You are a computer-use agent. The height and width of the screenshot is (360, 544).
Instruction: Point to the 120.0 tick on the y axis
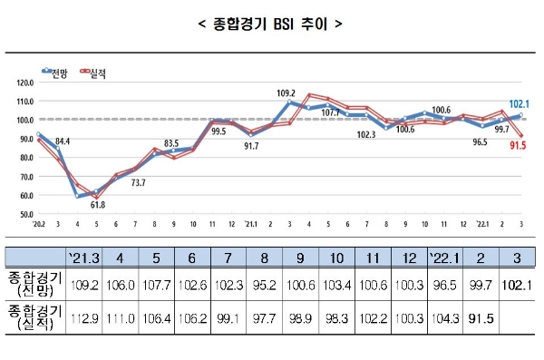[x=24, y=82]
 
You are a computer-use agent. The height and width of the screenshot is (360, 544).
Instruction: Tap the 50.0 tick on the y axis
[x=24, y=214]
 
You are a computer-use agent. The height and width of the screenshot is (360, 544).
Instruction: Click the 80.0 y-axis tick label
[x=24, y=157]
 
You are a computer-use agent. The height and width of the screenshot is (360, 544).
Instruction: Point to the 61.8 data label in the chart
[x=96, y=205]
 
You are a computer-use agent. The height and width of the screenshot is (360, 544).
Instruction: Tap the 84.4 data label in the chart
[x=63, y=141]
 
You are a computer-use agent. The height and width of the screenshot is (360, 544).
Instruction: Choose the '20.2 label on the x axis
[x=39, y=222]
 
